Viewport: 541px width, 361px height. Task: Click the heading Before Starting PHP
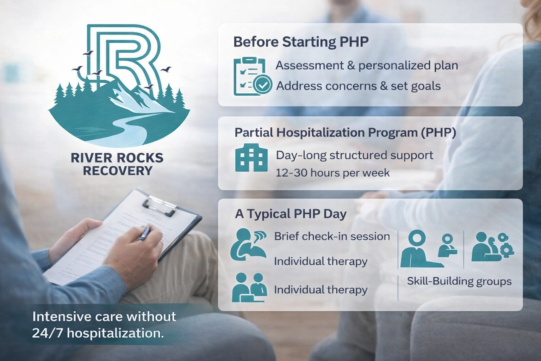click(x=301, y=42)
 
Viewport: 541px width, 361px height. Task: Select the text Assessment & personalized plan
click(x=367, y=66)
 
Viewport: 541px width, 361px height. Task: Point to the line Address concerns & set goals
click(x=358, y=86)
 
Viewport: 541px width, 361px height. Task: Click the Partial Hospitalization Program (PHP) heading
click(x=345, y=133)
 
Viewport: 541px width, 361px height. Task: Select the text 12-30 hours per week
click(x=332, y=173)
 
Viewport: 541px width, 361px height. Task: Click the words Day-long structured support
click(x=354, y=155)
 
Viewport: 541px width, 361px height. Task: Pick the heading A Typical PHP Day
click(x=291, y=214)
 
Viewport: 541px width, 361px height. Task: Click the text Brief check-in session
click(x=332, y=236)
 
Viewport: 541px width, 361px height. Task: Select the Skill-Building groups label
click(x=459, y=281)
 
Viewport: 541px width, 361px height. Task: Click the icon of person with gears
click(x=492, y=247)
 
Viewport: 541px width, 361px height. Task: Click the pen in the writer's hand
click(x=145, y=233)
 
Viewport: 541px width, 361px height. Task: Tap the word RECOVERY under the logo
click(x=118, y=171)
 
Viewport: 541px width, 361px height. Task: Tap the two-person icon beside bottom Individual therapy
click(x=249, y=288)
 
